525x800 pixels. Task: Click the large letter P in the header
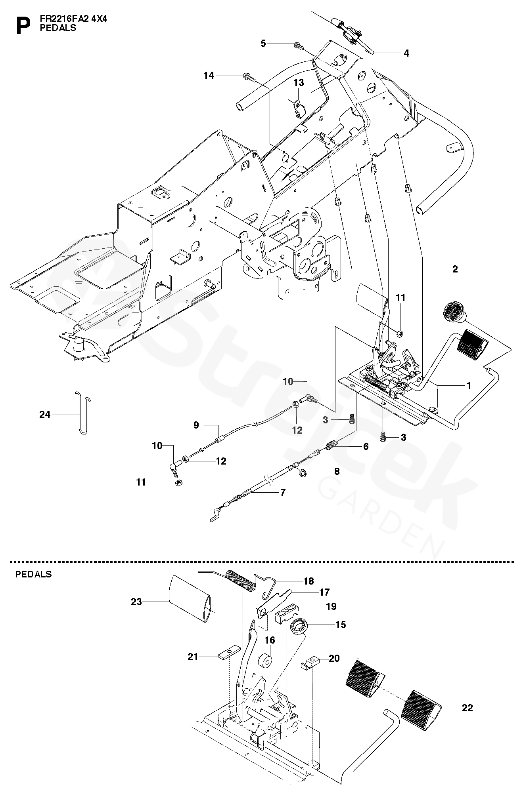tap(23, 25)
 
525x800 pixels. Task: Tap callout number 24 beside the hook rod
tap(45, 415)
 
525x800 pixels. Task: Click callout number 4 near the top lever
tap(406, 53)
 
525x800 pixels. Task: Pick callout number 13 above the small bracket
tap(299, 82)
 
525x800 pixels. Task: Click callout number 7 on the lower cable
tap(282, 493)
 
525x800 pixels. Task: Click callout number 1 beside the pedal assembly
tap(469, 385)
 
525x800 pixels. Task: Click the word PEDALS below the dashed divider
tap(34, 574)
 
